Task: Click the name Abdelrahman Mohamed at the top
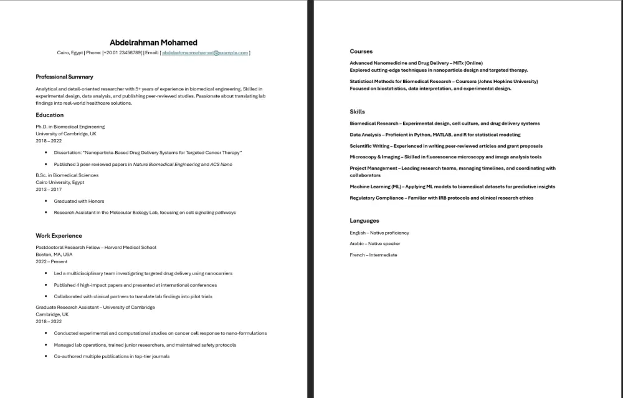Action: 153,42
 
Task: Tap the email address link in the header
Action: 205,53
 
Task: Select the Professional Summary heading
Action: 64,77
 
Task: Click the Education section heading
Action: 50,115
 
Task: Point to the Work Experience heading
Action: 59,236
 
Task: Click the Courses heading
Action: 361,51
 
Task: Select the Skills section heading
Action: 358,112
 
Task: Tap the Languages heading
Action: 364,221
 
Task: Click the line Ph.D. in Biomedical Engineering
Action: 70,127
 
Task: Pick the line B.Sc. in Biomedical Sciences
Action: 67,175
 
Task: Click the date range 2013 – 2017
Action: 49,189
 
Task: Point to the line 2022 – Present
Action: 52,261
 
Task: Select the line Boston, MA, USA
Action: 54,255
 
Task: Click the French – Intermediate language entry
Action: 373,255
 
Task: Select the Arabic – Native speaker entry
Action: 375,244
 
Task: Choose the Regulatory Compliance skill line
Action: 441,198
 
